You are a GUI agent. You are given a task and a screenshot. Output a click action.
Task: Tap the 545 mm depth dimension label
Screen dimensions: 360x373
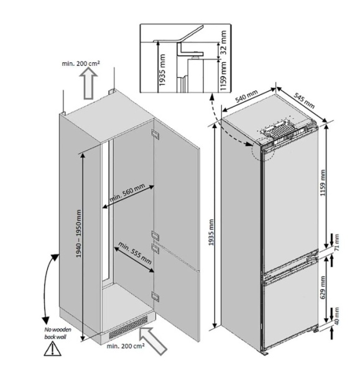coord(304,100)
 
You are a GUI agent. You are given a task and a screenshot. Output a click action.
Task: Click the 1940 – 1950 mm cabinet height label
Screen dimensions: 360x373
coord(79,233)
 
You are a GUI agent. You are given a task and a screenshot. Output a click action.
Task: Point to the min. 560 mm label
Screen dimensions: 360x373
coord(127,192)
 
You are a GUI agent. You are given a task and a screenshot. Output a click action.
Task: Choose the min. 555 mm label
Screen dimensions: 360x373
coord(135,253)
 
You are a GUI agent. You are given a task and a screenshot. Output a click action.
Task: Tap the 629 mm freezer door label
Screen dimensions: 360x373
coord(323,288)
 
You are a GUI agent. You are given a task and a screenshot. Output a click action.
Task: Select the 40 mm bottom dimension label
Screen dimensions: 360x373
coord(336,315)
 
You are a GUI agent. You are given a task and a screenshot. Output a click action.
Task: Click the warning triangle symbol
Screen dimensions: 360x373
coord(52,349)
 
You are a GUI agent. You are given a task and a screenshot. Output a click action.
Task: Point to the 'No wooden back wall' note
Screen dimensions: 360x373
coord(57,333)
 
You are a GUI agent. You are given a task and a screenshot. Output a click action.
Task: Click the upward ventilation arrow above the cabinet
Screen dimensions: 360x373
coord(88,83)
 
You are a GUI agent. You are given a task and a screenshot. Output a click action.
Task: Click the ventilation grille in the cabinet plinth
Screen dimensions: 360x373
coord(128,328)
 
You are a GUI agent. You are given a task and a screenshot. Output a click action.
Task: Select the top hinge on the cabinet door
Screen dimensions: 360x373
coord(155,134)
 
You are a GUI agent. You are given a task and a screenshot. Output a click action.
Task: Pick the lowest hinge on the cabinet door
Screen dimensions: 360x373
coord(155,297)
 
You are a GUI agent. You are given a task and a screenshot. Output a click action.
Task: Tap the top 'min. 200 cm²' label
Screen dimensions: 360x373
coord(81,63)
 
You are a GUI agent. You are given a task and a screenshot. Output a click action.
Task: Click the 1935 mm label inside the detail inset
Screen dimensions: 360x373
coord(162,70)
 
